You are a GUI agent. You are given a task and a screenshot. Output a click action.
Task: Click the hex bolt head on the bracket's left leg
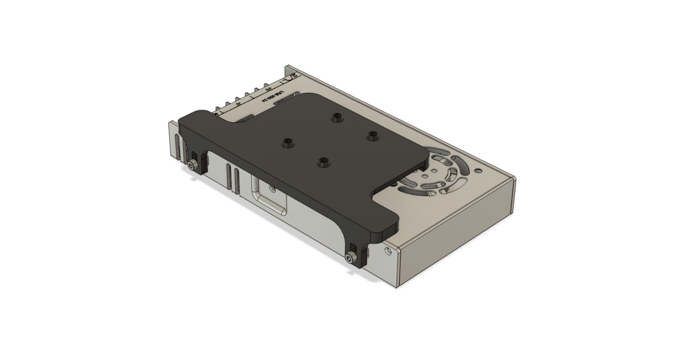(191, 165)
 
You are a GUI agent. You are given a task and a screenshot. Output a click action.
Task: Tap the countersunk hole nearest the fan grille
(373, 135)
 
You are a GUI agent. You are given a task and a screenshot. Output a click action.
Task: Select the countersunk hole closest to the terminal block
(336, 118)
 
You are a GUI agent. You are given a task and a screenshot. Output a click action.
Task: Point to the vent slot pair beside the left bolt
(181, 148)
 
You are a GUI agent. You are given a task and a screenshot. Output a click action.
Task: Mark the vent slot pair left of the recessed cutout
(232, 177)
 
